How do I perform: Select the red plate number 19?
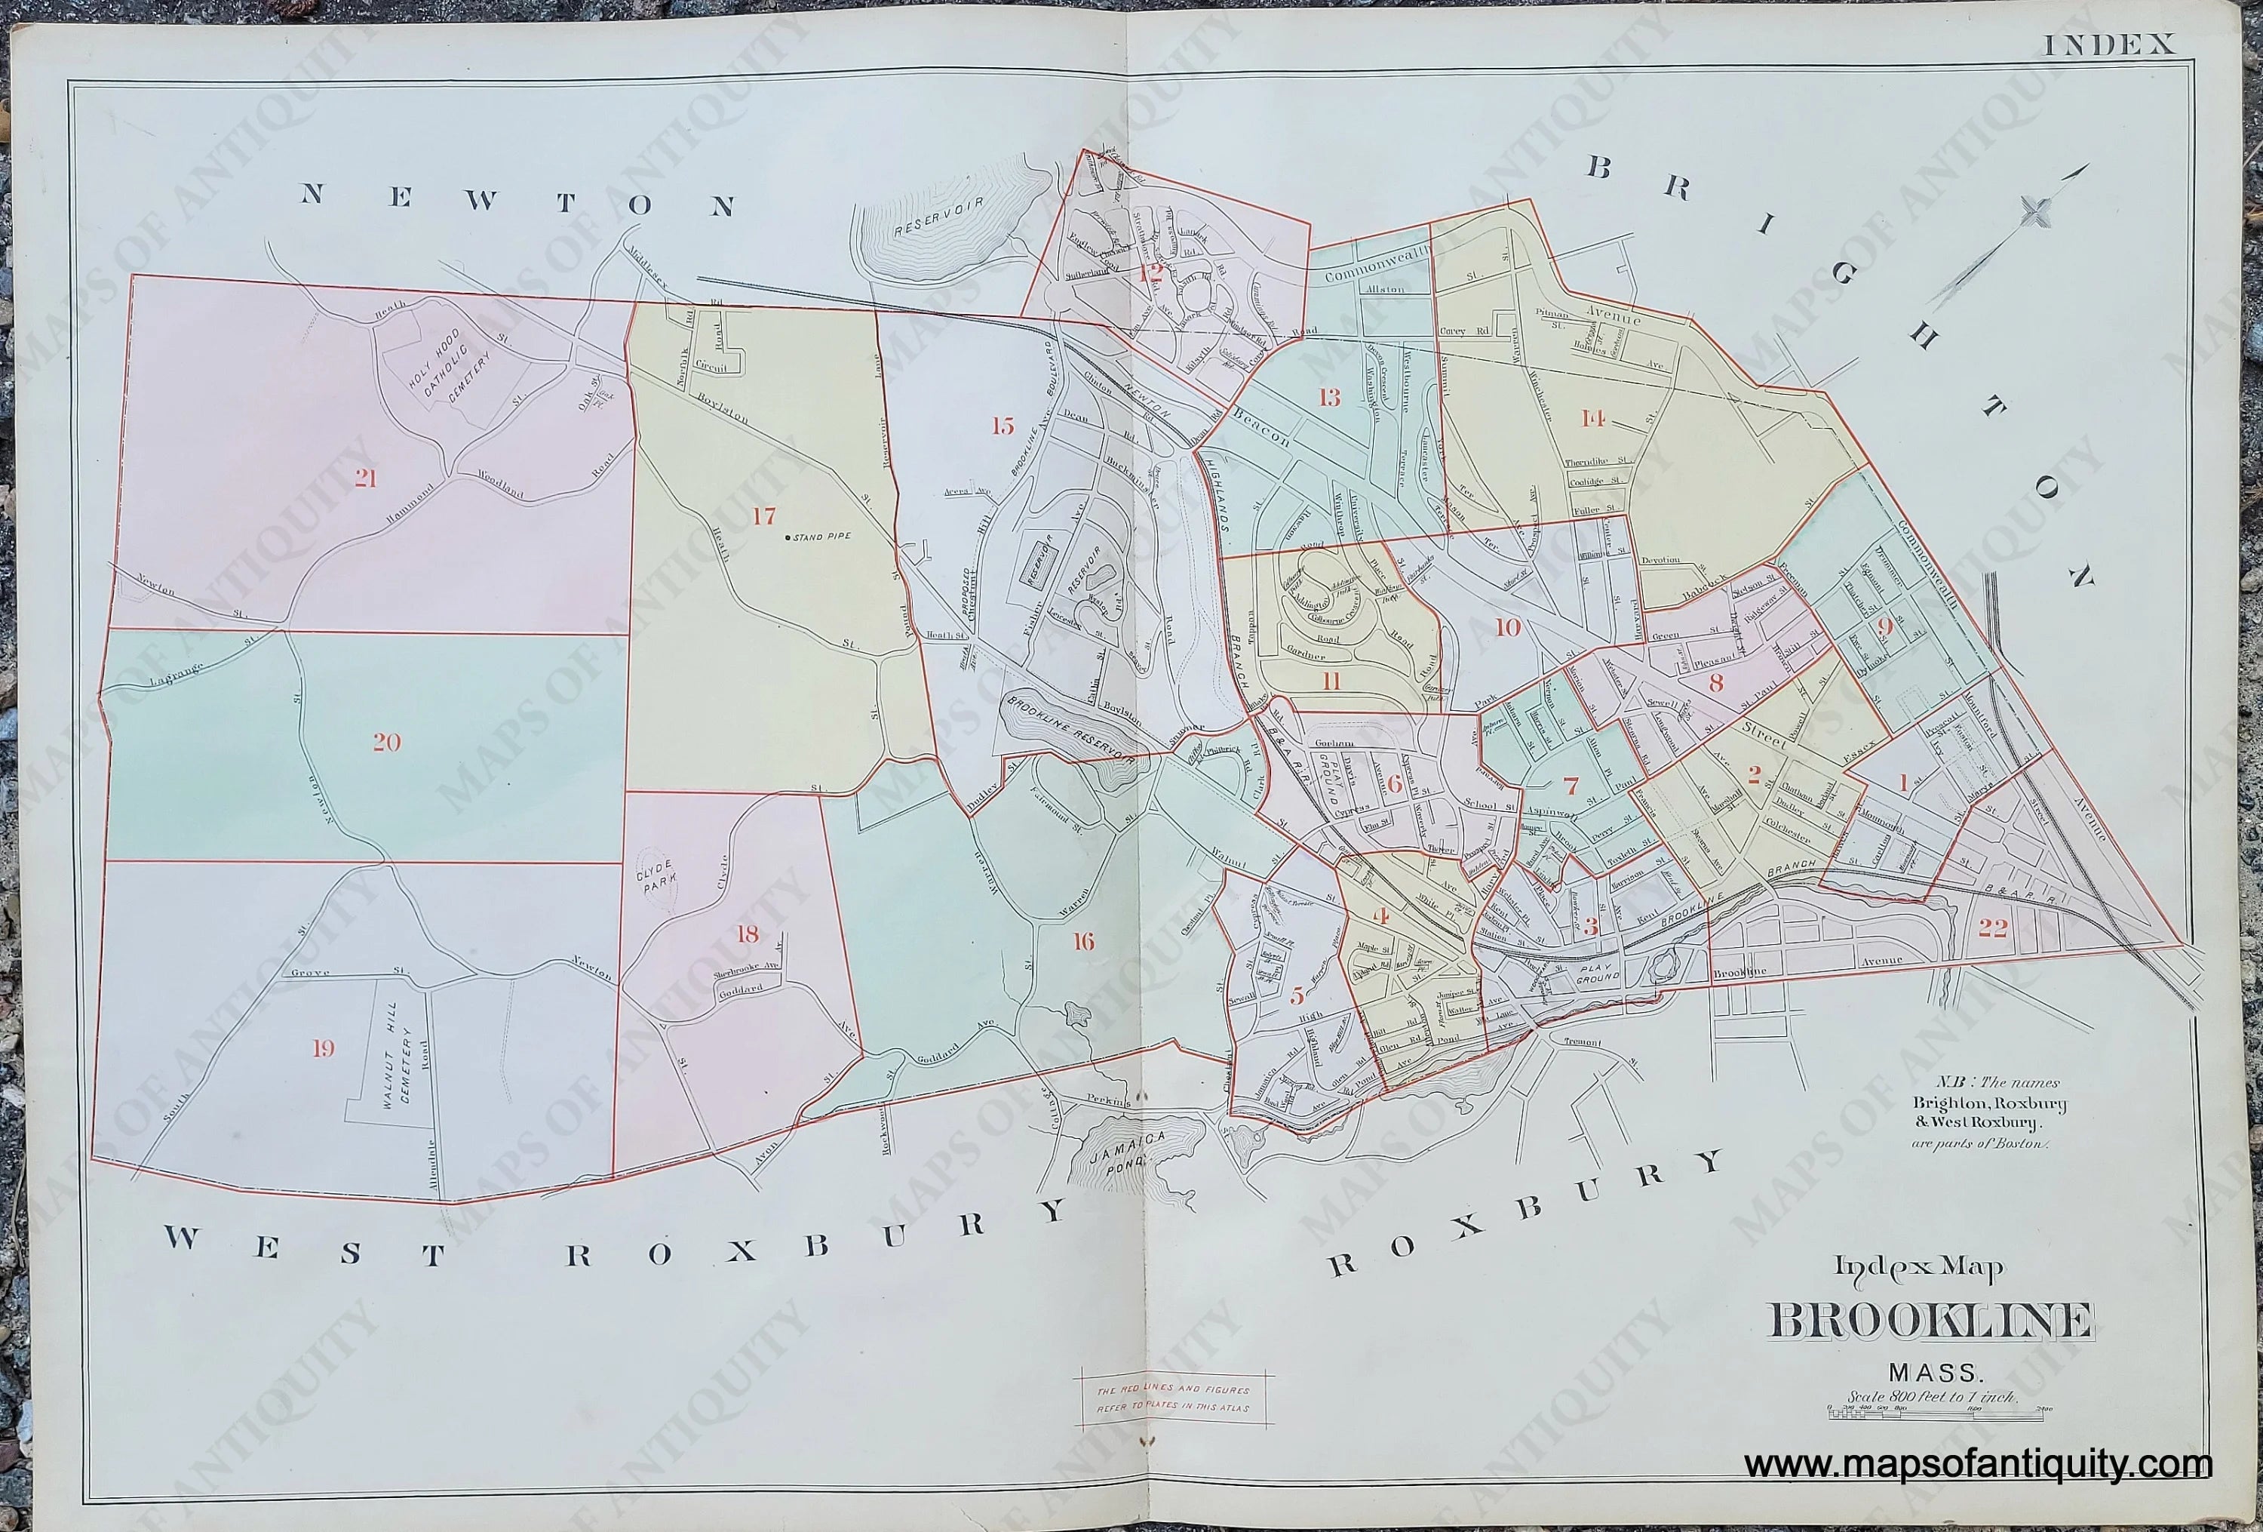(x=324, y=1048)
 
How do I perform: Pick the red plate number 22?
(x=1992, y=928)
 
